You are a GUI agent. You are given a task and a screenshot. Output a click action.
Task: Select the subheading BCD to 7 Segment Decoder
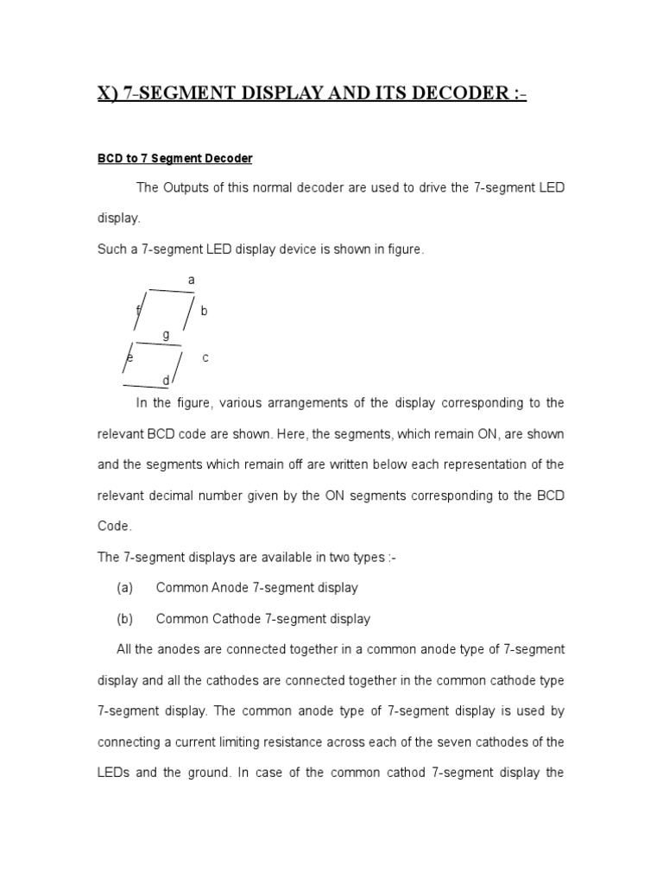point(174,158)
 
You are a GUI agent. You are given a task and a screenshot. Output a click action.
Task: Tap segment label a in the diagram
point(191,280)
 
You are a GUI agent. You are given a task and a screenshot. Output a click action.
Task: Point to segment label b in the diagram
point(204,311)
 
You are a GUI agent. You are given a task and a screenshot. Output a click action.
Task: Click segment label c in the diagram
point(205,357)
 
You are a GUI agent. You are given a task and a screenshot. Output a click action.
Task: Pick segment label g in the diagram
point(166,334)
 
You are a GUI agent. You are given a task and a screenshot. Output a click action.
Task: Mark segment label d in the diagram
point(166,380)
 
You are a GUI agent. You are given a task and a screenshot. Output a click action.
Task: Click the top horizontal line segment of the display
point(171,291)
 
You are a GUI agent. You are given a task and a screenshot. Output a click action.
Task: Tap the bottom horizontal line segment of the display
point(145,386)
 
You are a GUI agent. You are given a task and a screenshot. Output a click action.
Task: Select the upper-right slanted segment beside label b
point(188,313)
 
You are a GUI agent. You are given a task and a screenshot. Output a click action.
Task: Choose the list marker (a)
point(124,588)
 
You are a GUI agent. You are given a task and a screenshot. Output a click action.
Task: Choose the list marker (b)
point(124,619)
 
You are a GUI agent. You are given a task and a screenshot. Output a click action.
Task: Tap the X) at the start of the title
point(108,93)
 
